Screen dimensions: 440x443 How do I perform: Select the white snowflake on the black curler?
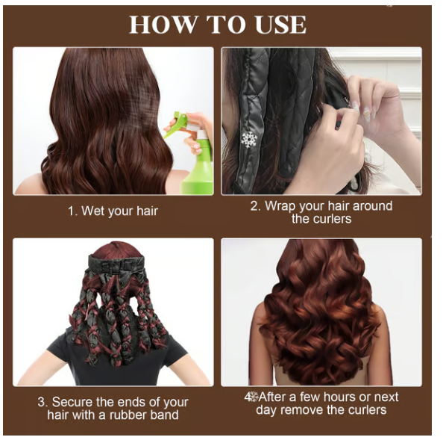click(x=249, y=140)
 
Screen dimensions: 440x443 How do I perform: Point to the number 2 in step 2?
click(x=255, y=205)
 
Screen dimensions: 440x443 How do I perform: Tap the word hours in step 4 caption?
click(x=335, y=397)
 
